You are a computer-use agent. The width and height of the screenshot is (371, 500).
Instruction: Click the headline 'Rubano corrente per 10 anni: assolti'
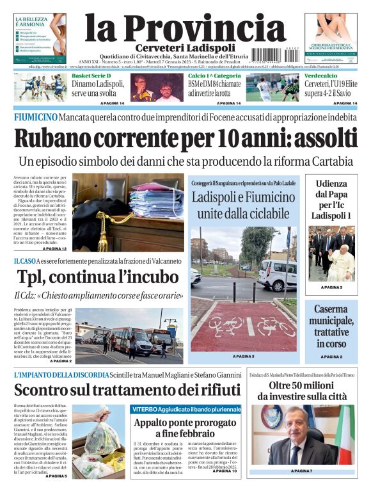pyautogui.click(x=185, y=139)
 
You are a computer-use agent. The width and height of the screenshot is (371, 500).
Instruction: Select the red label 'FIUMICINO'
pyautogui.click(x=35, y=117)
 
